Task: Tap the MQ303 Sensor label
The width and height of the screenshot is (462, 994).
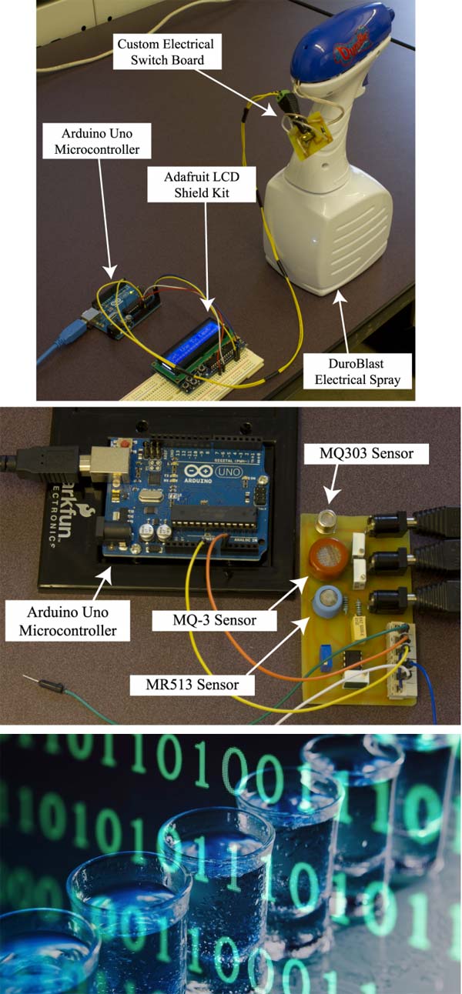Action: tap(366, 454)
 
